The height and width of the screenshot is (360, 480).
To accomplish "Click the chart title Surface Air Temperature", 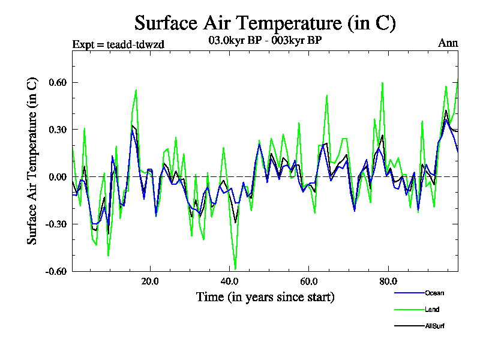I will [265, 23].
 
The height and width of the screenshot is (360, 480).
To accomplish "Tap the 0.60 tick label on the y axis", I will [58, 82].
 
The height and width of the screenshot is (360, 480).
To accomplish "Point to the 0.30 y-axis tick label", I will [58, 130].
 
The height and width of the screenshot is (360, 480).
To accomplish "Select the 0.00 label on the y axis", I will [58, 176].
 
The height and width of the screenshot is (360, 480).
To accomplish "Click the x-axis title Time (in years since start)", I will [265, 297].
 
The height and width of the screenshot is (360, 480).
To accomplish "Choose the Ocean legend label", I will [435, 293].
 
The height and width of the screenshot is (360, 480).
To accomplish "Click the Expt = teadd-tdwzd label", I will [118, 44].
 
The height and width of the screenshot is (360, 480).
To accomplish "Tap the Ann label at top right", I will [448, 44].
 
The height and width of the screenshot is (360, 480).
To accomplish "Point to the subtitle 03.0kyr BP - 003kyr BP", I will [264, 41].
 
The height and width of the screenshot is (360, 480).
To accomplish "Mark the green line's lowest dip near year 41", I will [235, 269].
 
